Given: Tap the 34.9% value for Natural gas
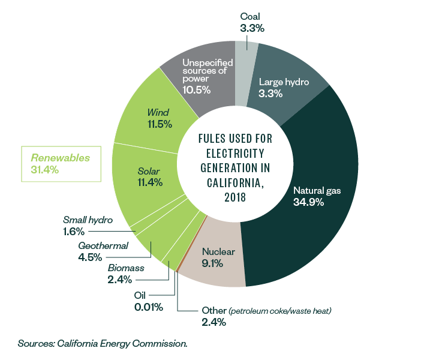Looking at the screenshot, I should (x=309, y=202).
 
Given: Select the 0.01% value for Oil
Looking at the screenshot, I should (x=148, y=307).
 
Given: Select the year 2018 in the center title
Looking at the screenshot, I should (x=235, y=199).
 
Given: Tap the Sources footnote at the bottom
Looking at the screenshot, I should (x=103, y=344).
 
